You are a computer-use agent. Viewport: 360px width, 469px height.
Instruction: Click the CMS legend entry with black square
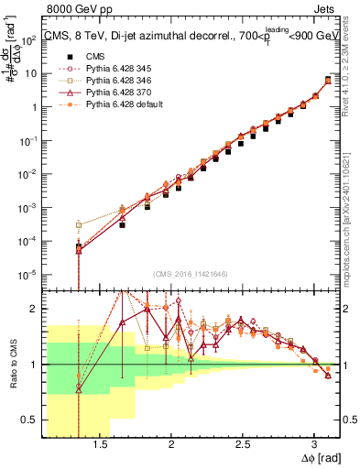tap(86, 57)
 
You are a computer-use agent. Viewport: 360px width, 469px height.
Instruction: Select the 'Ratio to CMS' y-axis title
tap(12, 364)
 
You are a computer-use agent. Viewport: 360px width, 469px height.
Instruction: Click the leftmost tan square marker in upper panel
tap(79, 224)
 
